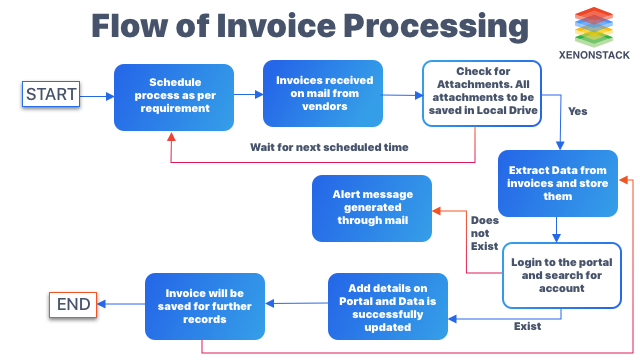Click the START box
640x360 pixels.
point(51,94)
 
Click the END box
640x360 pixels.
point(73,304)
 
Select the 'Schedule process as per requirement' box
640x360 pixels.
point(174,97)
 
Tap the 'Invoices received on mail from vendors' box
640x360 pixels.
point(323,93)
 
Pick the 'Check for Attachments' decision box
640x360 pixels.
point(482,93)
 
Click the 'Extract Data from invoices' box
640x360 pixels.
point(558,183)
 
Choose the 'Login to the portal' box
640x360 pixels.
point(562,276)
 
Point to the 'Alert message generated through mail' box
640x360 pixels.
point(372,208)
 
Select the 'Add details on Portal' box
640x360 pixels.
point(388,307)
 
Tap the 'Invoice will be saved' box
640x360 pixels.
point(205,307)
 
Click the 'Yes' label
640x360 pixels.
point(578,111)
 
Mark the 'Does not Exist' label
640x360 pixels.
point(484,233)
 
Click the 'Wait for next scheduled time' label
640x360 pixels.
point(329,147)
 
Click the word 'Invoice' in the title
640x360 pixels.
point(276,26)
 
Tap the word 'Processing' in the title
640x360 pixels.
point(436,27)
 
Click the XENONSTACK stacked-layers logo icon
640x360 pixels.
point(594,27)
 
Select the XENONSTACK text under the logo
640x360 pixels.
point(594,55)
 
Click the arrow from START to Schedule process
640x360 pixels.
point(97,96)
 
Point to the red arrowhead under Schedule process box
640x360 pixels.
point(171,137)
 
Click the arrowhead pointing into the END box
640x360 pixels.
point(102,304)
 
